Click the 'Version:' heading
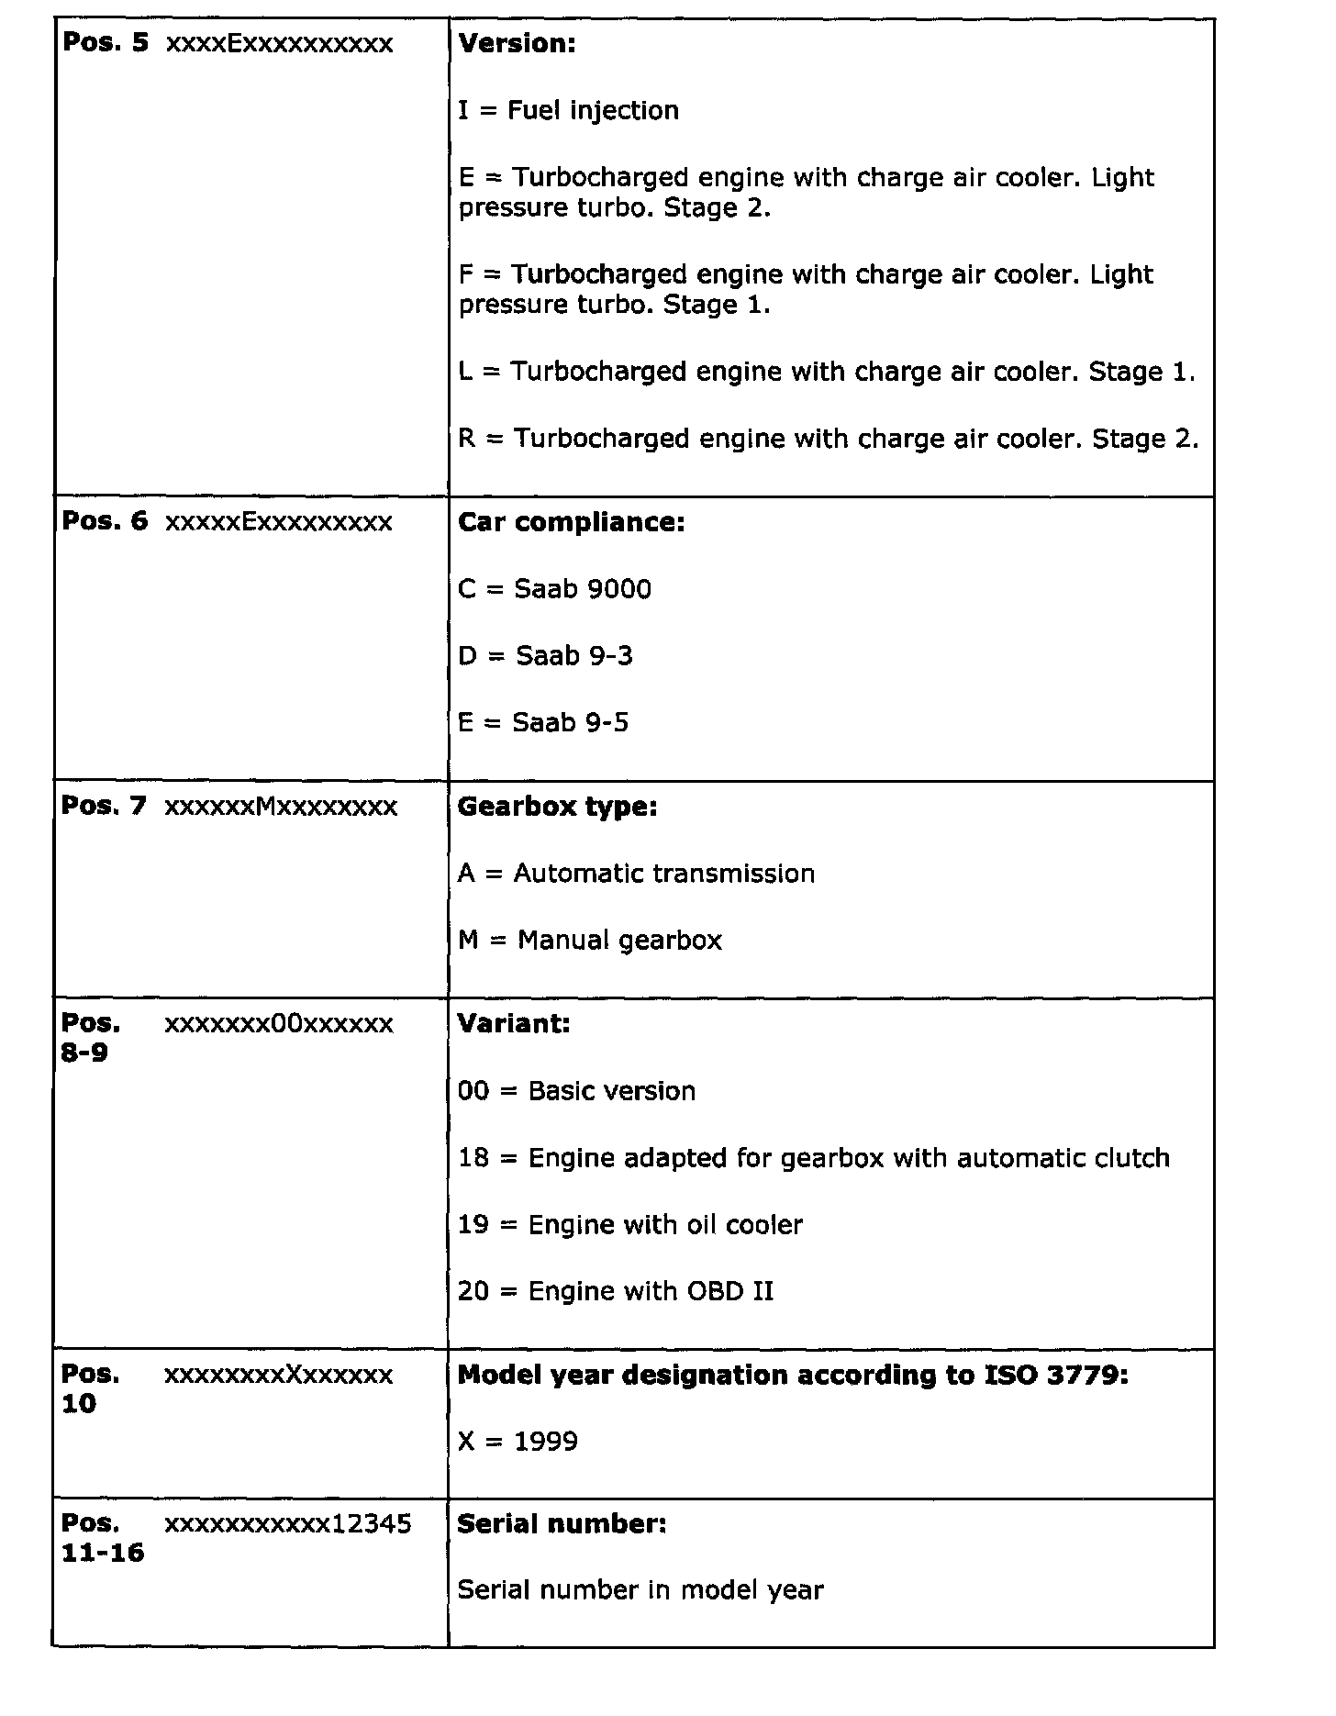pos(517,44)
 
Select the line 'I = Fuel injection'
pos(568,111)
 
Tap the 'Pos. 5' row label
pos(105,44)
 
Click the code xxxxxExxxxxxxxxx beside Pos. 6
pos(278,522)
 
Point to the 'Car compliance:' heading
pos(571,522)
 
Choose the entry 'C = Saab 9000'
pos(554,589)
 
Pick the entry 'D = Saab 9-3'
pos(545,656)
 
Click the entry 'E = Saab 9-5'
pos(543,723)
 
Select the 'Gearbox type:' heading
pos(557,807)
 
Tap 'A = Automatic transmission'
pos(636,874)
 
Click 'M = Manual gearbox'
pos(590,941)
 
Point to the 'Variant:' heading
pos(513,1024)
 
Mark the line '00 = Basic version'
pos(576,1091)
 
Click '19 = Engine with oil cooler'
pos(630,1225)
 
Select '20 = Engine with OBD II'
pos(616,1292)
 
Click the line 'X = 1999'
pos(518,1442)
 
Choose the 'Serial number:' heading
pos(562,1524)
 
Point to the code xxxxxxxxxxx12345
pos(287,1524)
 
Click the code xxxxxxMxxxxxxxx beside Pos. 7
pos(281,807)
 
